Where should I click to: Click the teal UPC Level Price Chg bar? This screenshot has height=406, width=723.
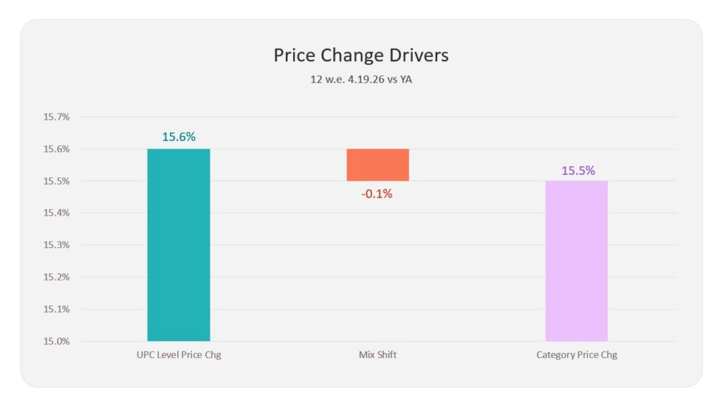point(179,245)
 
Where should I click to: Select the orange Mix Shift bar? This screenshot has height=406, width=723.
point(378,165)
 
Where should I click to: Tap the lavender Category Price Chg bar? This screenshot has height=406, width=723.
point(576,261)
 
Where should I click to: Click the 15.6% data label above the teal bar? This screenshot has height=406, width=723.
point(179,137)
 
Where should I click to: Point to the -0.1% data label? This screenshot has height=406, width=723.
point(377,194)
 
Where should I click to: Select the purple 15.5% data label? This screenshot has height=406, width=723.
point(578,171)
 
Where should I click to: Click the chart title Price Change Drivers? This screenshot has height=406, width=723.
point(361,55)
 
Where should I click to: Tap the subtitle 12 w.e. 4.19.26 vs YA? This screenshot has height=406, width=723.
point(361,79)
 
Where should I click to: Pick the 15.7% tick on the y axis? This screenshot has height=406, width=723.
point(56,117)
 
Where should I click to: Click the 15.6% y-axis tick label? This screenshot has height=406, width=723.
point(56,149)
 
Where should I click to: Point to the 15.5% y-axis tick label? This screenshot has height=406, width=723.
point(56,181)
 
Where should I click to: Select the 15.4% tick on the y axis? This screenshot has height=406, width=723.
point(56,213)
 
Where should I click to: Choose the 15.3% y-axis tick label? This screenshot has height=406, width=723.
point(56,245)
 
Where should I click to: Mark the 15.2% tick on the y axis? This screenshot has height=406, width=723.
point(56,277)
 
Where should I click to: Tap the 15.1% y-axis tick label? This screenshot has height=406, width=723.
point(56,309)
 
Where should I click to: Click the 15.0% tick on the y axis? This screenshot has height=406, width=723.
point(56,341)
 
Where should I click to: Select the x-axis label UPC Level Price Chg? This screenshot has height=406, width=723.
point(179,355)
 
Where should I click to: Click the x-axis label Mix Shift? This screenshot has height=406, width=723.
point(378,355)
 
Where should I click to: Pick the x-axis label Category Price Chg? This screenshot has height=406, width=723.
point(576,355)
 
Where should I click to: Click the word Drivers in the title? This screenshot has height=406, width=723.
point(419,55)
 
